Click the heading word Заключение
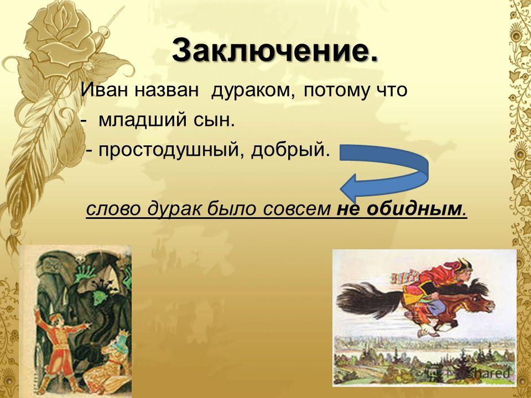pyautogui.click(x=275, y=51)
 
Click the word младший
pyautogui.click(x=142, y=121)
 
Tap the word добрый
pyautogui.click(x=290, y=150)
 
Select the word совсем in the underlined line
pyautogui.click(x=296, y=209)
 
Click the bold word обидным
pyautogui.click(x=414, y=208)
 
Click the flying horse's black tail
pyautogui.click(x=368, y=298)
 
